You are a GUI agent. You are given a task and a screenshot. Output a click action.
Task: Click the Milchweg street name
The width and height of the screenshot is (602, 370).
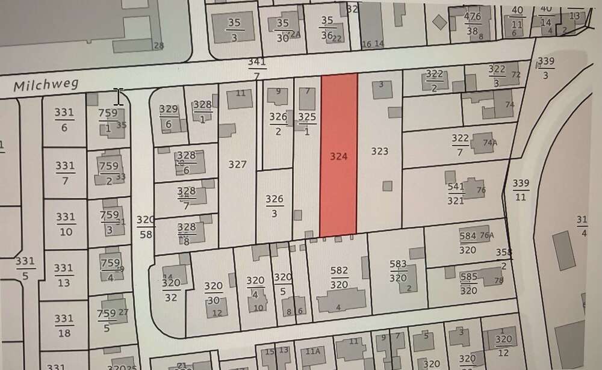point(46,86)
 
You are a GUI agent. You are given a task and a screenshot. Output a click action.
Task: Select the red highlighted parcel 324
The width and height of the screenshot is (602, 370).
point(338,155)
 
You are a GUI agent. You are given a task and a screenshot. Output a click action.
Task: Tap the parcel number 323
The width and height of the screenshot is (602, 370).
point(379,152)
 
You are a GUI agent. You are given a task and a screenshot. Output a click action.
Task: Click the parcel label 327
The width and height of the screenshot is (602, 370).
point(238,164)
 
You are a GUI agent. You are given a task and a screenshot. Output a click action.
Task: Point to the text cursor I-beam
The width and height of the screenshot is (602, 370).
point(119,96)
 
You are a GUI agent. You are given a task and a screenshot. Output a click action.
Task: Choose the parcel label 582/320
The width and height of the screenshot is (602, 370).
point(339,277)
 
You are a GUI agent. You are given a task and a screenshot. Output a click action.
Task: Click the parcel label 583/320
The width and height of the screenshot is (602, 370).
point(398,271)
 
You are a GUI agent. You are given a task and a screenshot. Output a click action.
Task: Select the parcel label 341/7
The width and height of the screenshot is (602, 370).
point(257,69)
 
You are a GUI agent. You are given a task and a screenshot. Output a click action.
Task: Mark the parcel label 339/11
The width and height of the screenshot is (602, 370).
point(521,190)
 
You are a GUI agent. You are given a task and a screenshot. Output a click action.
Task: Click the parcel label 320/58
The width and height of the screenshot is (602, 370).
point(146,226)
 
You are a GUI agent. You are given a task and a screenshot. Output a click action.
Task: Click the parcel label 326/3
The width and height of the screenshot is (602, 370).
point(275,206)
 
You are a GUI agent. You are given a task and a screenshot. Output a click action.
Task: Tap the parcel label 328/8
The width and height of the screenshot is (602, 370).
point(187,234)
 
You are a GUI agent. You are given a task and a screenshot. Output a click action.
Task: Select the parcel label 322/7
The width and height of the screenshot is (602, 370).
point(460,146)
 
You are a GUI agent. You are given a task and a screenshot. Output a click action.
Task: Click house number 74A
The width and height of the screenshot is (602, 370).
point(490,143)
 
